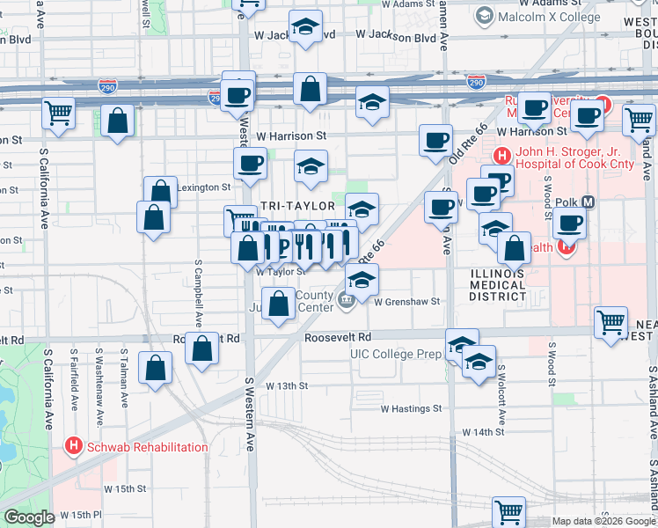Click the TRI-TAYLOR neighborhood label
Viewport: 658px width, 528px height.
click(x=298, y=205)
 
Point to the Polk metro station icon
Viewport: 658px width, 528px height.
click(x=589, y=202)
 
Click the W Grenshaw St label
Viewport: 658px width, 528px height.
click(x=406, y=302)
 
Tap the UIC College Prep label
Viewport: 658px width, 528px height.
click(x=394, y=354)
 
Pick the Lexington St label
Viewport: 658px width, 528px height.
click(x=203, y=187)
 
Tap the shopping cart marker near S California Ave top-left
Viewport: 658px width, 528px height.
click(x=58, y=113)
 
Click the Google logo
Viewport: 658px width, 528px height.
click(x=29, y=517)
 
